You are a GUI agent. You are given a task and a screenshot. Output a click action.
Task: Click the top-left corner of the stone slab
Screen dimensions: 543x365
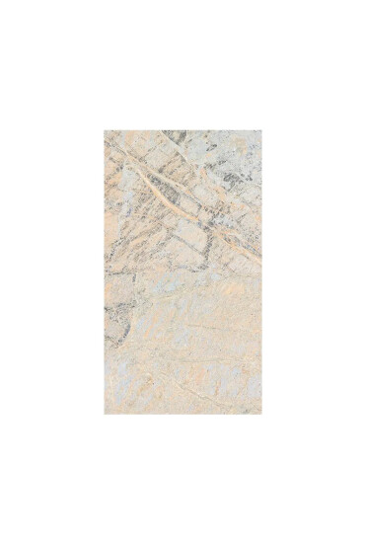pyautogui.click(x=104, y=129)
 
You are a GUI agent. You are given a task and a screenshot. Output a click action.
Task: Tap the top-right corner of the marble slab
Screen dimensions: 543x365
pyautogui.click(x=261, y=129)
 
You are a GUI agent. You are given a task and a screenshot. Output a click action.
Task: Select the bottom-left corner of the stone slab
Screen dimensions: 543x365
pyautogui.click(x=104, y=413)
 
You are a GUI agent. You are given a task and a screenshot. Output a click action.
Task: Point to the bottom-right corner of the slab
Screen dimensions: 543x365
pyautogui.click(x=261, y=413)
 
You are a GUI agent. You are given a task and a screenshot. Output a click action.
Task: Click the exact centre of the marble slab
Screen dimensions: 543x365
pyautogui.click(x=182, y=271)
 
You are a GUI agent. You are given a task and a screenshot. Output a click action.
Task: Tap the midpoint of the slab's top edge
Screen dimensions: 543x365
pyautogui.click(x=182, y=129)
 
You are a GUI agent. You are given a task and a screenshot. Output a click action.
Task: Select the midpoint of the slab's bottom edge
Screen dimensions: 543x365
pyautogui.click(x=182, y=413)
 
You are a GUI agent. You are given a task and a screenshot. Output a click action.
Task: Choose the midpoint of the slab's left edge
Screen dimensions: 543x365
pyautogui.click(x=104, y=271)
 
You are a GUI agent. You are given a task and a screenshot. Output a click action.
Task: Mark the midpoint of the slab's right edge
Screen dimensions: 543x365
pyautogui.click(x=261, y=271)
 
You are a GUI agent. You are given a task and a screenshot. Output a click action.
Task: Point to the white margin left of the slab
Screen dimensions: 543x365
pyautogui.click(x=49, y=271)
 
